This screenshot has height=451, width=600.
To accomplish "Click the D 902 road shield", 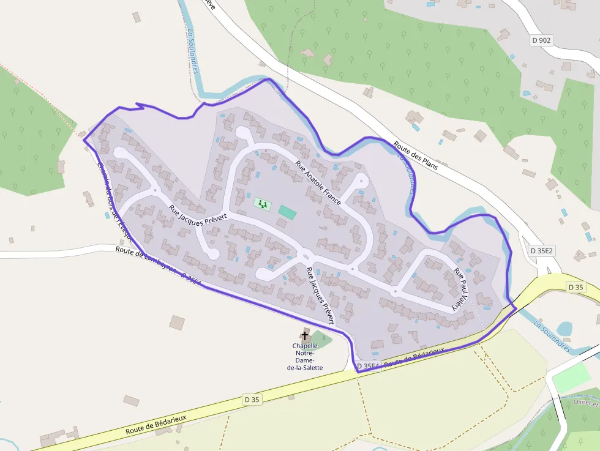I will coord(541,40).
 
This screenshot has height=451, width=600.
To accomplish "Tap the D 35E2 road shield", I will coord(541,251).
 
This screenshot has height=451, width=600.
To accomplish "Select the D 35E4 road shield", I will coord(368,367).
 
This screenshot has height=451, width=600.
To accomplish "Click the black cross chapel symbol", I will coord(305,335).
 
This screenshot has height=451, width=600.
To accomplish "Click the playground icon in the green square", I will coord(263,203).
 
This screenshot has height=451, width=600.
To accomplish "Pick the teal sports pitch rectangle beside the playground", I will coord(287,213).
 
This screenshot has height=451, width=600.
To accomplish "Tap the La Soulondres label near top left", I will coord(193,52).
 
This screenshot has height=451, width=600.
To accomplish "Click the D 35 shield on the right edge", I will coord(576,287).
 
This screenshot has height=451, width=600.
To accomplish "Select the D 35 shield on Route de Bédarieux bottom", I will coord(252,400).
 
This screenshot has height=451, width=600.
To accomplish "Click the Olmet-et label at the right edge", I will coord(587,403).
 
